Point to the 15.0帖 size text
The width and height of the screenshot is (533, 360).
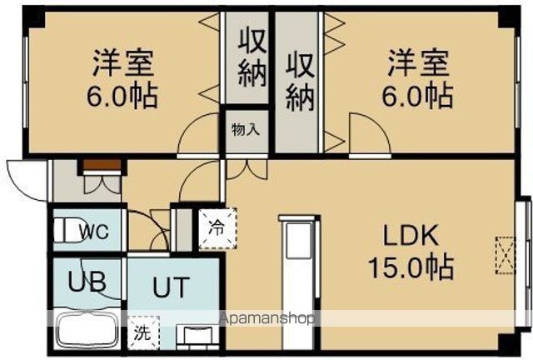411,267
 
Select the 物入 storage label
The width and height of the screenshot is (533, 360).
247,129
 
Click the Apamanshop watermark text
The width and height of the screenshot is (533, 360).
266,318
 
